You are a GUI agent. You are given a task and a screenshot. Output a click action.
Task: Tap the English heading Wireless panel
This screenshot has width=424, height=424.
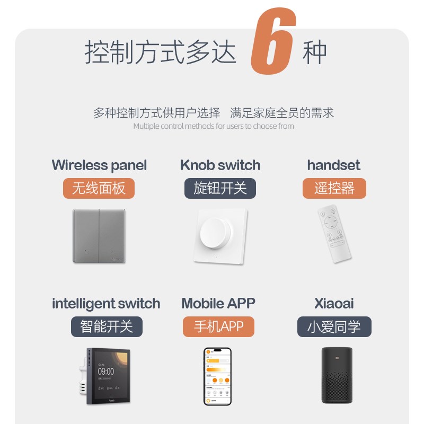pos(99,165)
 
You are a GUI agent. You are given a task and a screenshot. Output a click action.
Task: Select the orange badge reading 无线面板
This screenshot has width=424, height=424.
pos(99,189)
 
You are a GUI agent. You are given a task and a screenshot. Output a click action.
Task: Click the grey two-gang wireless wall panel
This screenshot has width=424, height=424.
pos(99,235)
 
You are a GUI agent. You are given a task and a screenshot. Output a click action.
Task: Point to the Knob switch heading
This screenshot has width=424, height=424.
pos(220,165)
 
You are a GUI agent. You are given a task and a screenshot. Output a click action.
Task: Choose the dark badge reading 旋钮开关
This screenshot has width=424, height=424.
pos(220,189)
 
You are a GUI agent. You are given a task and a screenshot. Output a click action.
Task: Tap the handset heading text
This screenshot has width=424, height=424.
pos(333,165)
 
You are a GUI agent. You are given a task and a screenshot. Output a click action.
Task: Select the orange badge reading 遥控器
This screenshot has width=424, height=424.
pos(334,189)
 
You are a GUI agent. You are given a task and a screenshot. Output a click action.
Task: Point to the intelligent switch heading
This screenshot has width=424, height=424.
pos(106,304)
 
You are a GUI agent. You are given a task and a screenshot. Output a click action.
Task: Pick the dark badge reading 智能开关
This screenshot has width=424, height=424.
pos(107,326)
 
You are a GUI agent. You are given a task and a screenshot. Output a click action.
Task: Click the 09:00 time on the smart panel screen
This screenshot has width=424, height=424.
pos(106,372)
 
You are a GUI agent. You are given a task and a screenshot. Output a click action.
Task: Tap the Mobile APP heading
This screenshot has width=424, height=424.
pos(218,304)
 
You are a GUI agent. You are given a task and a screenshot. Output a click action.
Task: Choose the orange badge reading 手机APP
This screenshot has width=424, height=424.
pos(218,326)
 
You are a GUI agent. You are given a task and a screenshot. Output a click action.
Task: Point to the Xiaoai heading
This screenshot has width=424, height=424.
pos(334,304)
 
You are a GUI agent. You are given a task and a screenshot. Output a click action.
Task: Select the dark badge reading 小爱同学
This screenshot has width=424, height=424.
pos(334,326)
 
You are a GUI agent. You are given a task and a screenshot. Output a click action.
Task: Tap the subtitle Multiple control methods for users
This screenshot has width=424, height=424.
pos(213,126)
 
